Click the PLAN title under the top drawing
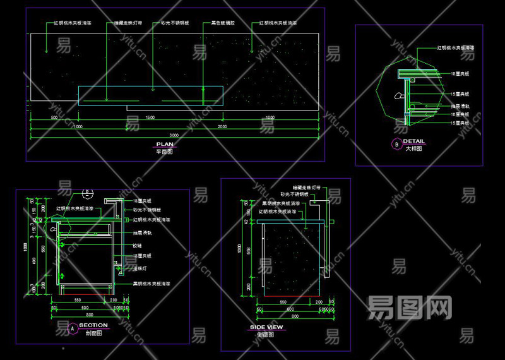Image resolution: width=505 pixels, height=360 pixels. pos(165,144)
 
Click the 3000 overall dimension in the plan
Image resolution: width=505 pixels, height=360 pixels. pos(174,135)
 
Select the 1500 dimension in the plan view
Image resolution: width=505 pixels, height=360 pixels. pos(150,118)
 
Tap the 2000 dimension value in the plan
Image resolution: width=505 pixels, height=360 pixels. pos(222,127)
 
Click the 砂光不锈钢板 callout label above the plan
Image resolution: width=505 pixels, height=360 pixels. pos(174,23)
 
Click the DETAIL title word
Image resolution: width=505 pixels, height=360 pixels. pos(413,141)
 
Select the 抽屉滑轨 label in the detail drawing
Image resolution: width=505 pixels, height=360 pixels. pos(459,106)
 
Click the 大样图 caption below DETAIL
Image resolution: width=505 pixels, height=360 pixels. pos(413,149)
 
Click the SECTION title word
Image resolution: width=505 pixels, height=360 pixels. pos(93,325)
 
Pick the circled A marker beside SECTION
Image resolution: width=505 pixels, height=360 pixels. pos(72,328)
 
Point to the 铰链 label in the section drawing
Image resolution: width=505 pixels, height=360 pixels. pos(137,246)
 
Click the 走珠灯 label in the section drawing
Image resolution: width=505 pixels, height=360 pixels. pos(140,268)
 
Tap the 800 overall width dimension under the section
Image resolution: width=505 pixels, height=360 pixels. pos(90,315)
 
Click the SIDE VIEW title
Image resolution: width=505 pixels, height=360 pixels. pos(266,327)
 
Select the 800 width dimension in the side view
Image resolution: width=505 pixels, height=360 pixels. pos(290,316)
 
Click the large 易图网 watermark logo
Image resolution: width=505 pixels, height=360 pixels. pos(410,308)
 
